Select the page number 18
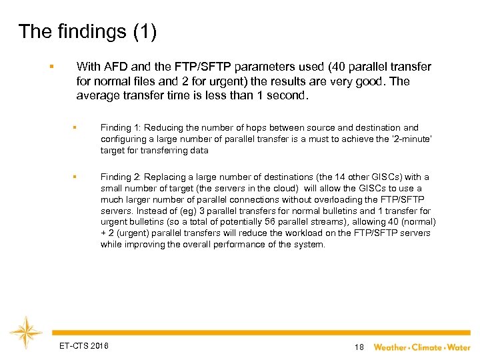pos(359,347)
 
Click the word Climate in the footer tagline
pos(427,347)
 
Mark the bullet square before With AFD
pos(51,67)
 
